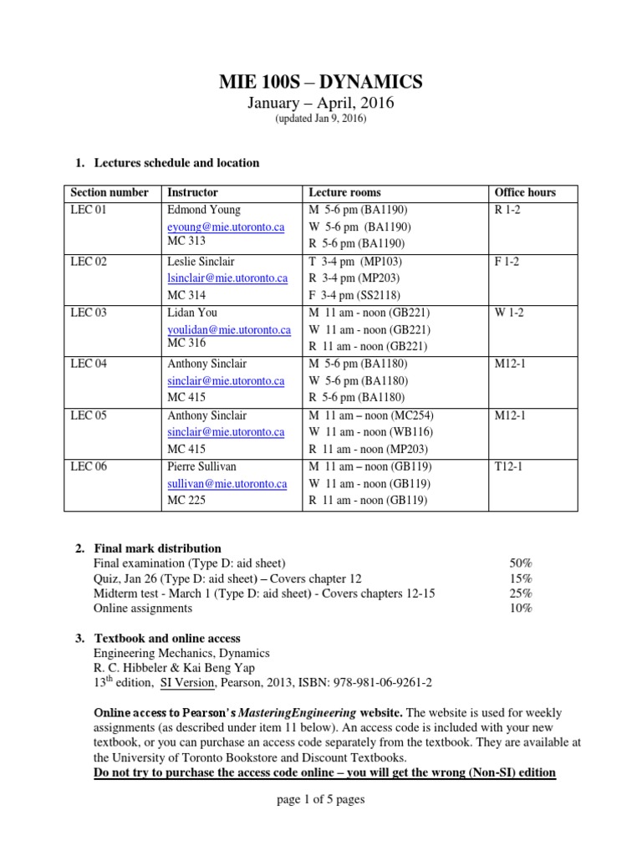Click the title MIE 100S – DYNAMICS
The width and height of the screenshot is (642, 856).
[320, 81]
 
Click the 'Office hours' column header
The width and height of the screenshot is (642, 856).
[525, 192]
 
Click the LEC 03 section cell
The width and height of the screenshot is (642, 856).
[89, 313]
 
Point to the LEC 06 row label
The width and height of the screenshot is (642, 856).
[89, 466]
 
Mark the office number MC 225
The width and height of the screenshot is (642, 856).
[186, 501]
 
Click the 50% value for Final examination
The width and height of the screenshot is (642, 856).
[521, 563]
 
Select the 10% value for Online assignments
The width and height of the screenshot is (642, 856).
[521, 609]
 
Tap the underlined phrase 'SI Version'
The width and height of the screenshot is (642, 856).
[190, 682]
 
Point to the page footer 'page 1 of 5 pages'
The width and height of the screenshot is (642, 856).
[320, 799]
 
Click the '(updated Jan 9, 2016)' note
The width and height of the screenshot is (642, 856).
[320, 120]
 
